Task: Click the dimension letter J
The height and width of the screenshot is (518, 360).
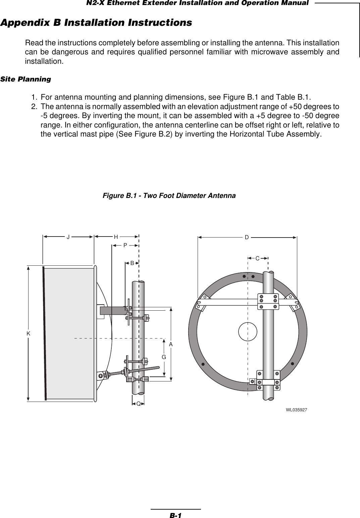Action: (x=68, y=237)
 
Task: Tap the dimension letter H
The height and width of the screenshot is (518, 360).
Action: (x=116, y=237)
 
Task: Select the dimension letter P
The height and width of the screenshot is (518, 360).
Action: (x=125, y=246)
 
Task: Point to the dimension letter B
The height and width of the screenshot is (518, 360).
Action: (x=132, y=263)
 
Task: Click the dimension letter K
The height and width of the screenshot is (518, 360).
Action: (x=29, y=333)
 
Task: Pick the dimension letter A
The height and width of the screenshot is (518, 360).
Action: (x=171, y=345)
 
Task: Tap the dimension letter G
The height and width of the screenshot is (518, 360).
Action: (x=164, y=357)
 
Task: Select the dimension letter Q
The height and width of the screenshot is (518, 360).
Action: (x=138, y=404)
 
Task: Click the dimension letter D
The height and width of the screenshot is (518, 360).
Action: (x=247, y=238)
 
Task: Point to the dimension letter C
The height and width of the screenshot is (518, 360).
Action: (x=257, y=258)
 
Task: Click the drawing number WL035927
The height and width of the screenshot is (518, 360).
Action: (x=297, y=410)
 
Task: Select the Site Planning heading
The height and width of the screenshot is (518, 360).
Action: (x=26, y=80)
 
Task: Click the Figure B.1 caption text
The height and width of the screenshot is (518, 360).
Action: (x=169, y=195)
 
